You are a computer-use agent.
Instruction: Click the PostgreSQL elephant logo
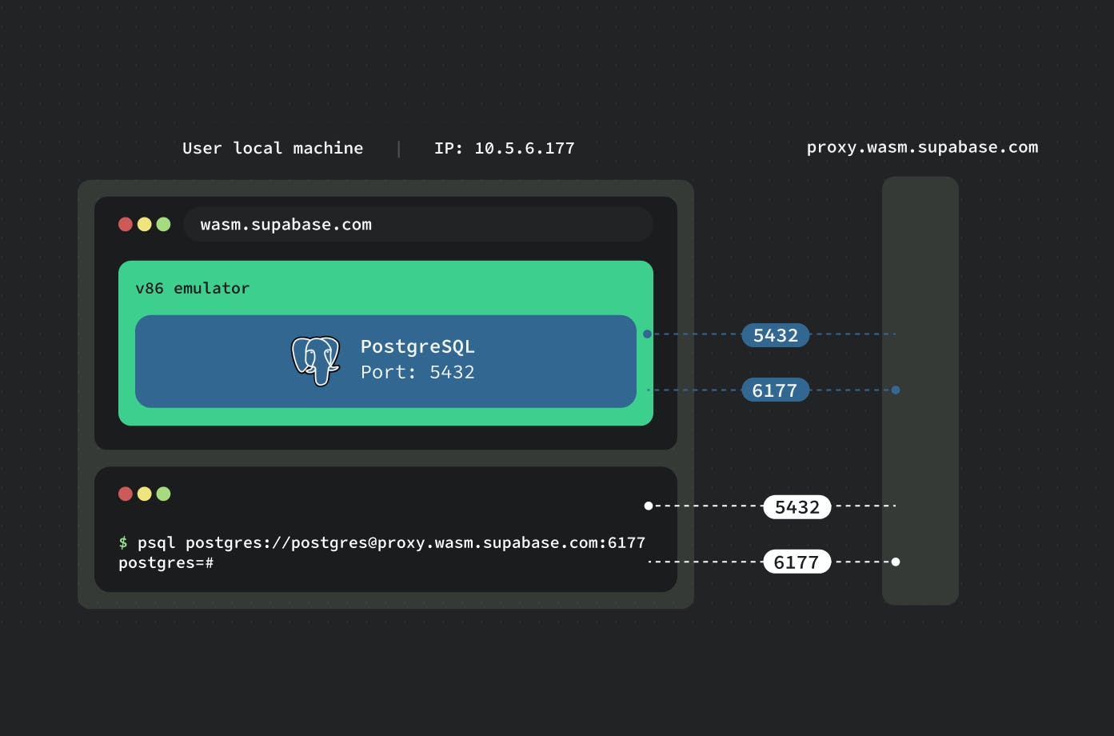click(x=315, y=360)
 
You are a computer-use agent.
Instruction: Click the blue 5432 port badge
click(x=775, y=335)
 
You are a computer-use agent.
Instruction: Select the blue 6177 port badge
click(x=775, y=390)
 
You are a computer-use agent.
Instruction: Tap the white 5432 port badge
click(x=797, y=507)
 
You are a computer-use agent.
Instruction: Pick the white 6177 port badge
click(x=797, y=562)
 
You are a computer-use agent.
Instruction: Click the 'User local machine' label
click(x=273, y=148)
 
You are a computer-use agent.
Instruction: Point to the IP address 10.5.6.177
click(x=524, y=148)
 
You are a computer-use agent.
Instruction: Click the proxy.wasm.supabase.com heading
click(x=922, y=147)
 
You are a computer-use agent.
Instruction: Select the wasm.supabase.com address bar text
click(x=285, y=225)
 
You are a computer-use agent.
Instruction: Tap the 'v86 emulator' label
click(x=192, y=288)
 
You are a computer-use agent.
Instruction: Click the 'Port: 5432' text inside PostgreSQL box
click(x=417, y=372)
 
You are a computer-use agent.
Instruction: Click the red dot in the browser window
click(x=126, y=224)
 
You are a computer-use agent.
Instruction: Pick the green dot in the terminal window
click(x=164, y=494)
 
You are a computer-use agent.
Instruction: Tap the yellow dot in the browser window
click(x=145, y=224)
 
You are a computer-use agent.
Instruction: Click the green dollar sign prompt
click(x=123, y=542)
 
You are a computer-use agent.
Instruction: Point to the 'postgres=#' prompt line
click(x=166, y=563)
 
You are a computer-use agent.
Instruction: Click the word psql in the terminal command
click(x=156, y=542)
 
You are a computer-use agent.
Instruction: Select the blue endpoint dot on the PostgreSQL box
click(x=647, y=334)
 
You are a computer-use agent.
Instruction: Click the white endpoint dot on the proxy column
click(x=896, y=562)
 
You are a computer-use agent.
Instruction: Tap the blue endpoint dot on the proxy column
click(x=896, y=390)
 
